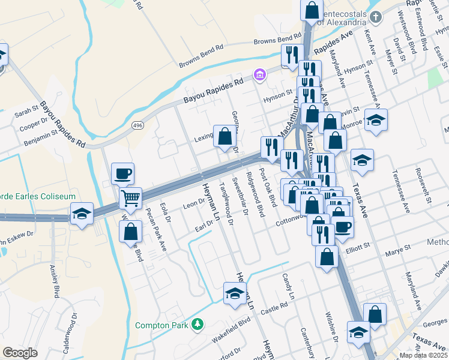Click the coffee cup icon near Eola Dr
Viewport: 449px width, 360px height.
click(x=122, y=174)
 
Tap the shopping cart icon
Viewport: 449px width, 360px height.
click(x=130, y=197)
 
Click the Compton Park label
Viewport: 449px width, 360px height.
click(x=161, y=326)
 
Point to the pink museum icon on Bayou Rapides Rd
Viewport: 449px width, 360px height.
click(x=259, y=74)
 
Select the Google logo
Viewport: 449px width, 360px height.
click(x=20, y=353)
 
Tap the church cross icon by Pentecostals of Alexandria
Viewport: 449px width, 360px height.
click(x=376, y=17)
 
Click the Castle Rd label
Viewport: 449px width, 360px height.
click(x=275, y=308)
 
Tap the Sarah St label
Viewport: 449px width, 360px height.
click(x=26, y=110)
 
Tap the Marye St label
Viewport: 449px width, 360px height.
click(x=398, y=247)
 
